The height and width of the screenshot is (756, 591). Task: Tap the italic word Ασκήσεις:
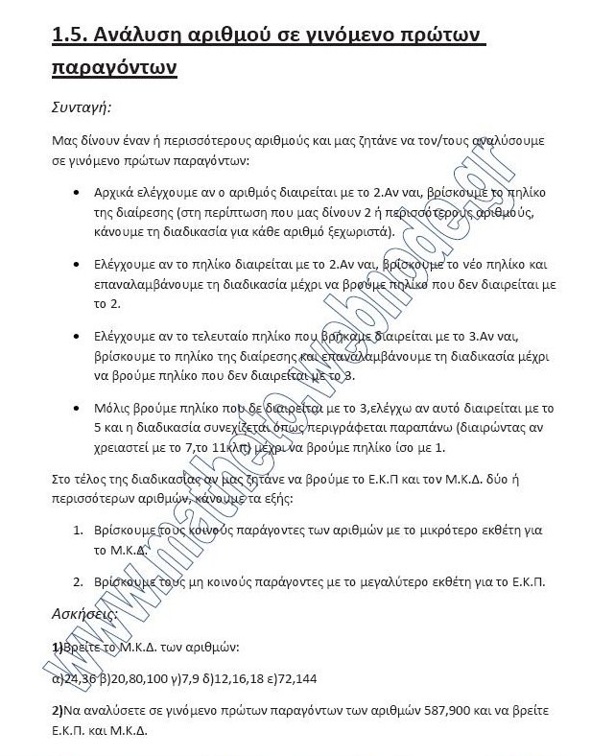(83, 611)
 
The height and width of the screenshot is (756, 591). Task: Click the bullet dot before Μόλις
(76, 409)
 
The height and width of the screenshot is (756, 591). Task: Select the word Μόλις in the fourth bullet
(114, 408)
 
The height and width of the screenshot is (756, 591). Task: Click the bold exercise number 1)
(57, 647)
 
